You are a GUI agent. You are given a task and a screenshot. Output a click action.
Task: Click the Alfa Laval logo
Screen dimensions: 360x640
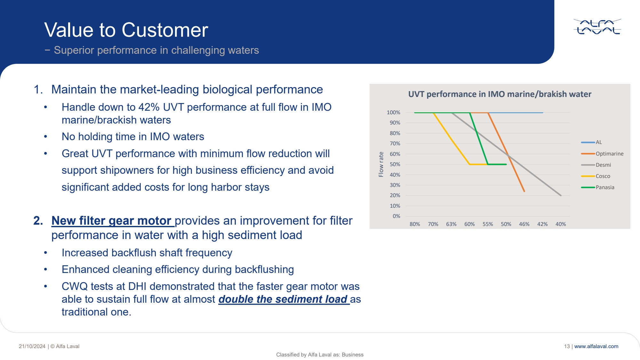coord(597,27)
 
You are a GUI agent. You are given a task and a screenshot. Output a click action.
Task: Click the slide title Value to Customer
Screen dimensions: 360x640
coord(126,30)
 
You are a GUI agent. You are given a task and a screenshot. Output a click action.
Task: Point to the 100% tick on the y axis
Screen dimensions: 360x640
coord(393,112)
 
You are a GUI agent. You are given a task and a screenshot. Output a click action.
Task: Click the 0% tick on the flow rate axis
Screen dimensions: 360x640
coord(396,216)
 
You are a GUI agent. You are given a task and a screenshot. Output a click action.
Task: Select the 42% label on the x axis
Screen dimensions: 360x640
coord(542,224)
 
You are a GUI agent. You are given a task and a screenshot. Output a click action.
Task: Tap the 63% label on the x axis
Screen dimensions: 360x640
coord(451,224)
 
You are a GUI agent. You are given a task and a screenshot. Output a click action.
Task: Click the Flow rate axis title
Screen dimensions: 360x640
coord(381,164)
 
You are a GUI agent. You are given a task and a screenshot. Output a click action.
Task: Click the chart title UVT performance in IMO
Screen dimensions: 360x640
coord(500,94)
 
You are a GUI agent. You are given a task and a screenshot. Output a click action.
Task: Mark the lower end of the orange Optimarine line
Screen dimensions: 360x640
coord(524,191)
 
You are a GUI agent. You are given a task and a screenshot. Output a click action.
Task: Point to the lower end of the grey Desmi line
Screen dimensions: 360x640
coord(561,195)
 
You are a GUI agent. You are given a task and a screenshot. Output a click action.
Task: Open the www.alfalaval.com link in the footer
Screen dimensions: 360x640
coord(596,346)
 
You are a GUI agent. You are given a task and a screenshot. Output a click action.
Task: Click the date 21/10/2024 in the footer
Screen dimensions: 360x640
coord(32,346)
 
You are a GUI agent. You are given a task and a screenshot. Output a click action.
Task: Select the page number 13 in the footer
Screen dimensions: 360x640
coord(567,346)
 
